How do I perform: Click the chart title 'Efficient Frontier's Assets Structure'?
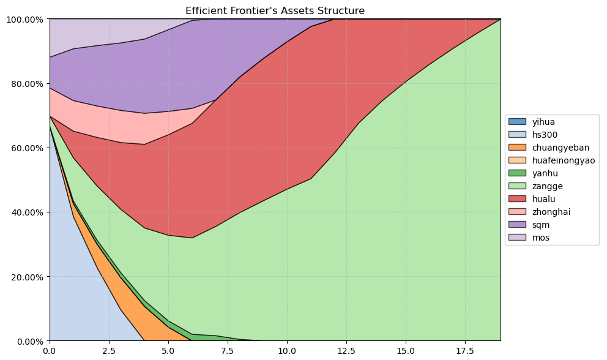click(x=275, y=11)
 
